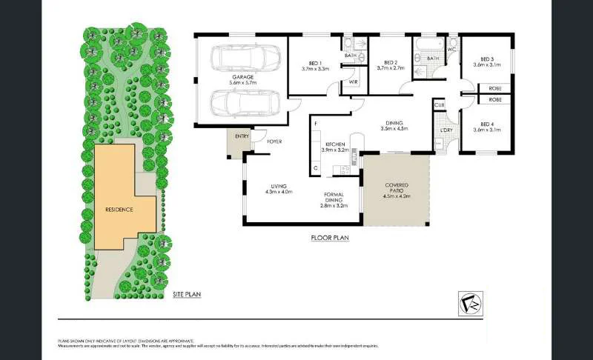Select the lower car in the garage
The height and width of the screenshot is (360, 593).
(244, 104)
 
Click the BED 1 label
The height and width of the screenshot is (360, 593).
(315, 64)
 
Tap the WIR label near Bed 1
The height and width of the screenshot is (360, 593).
(354, 81)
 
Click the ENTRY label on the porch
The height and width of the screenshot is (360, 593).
(242, 136)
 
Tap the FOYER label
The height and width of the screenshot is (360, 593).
(274, 141)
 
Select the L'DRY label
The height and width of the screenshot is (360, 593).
(446, 131)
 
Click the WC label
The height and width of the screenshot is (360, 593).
(451, 49)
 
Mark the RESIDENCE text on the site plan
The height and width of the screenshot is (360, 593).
(119, 210)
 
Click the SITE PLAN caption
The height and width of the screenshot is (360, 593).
(186, 294)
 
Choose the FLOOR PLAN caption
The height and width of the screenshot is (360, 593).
(330, 239)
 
